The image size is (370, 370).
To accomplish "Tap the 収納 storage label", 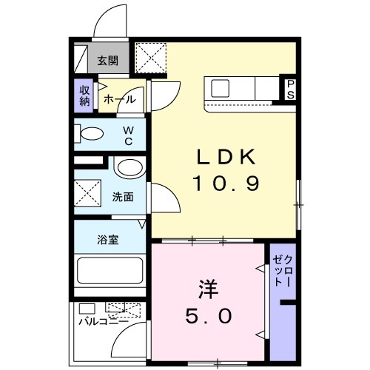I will [84, 95].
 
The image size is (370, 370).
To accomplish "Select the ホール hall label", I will [119, 99].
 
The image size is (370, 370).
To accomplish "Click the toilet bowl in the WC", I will [92, 135].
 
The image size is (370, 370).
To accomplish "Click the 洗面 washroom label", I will [123, 198].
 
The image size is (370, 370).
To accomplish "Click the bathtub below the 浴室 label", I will [111, 274].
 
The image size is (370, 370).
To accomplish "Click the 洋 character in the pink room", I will [207, 286].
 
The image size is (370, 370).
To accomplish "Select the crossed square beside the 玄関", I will [153, 57].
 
